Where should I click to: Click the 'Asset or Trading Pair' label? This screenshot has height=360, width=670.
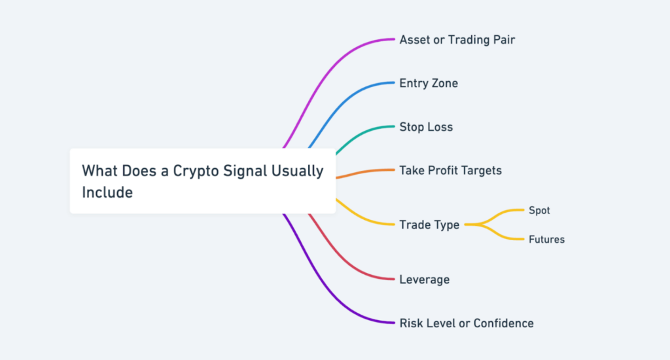457,40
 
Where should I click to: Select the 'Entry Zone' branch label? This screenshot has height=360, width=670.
429,83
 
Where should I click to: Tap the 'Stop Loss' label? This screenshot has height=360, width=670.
426,127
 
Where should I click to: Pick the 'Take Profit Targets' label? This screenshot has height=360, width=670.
450,171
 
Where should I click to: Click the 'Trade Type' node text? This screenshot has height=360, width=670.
429,225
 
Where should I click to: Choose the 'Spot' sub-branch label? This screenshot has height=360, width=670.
539,211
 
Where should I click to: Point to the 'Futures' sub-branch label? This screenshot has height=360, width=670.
546,240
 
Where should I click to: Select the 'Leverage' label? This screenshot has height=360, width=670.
424,279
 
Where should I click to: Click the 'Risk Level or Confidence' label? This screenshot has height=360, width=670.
466,323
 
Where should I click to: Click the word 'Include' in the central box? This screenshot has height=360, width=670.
107,192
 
